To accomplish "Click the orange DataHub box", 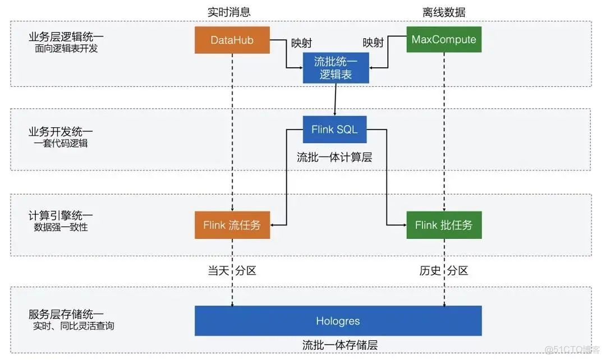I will [232, 40].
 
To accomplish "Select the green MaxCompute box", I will [443, 39].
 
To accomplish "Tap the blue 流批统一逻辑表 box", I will [336, 68].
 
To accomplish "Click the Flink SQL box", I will [334, 130].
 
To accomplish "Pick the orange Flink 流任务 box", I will [232, 225].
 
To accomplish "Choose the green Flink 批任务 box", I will [443, 225].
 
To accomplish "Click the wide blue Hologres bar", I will [338, 321].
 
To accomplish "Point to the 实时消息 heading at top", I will [229, 12].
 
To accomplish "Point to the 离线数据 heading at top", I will [444, 12].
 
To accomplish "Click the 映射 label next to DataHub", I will [301, 43].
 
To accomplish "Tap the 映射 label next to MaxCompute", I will [373, 43].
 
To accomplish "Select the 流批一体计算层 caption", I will [334, 158].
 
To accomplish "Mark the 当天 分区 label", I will [232, 271].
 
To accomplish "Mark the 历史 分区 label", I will [443, 271].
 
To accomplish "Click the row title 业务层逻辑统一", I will [66, 37].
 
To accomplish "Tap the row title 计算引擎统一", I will [61, 215].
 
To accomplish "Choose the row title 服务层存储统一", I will [66, 314].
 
